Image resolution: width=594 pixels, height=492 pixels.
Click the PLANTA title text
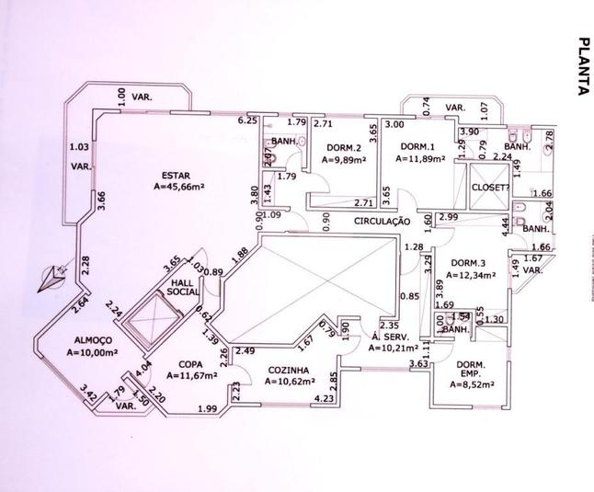click(582, 66)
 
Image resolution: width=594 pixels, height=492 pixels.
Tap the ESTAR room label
click(176, 175)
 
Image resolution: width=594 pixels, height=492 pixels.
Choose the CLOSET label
click(489, 188)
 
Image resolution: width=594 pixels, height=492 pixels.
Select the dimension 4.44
click(506, 221)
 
